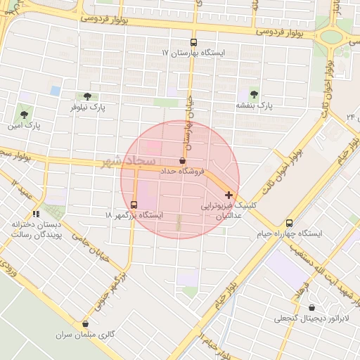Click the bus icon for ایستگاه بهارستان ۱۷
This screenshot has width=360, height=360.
[x=194, y=42]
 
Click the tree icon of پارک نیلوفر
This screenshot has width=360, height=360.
[x=87, y=96]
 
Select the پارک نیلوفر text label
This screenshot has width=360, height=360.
[x=87, y=108]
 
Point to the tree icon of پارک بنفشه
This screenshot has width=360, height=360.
[x=254, y=94]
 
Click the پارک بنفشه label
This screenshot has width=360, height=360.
[x=254, y=105]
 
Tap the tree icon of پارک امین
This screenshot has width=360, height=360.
[x=25, y=114]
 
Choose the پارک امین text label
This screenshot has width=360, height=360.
[x=25, y=126]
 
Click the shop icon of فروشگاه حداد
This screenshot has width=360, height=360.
[x=183, y=160]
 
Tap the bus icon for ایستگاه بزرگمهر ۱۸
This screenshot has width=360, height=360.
[x=134, y=204]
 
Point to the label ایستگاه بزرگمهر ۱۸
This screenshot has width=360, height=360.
[x=134, y=214]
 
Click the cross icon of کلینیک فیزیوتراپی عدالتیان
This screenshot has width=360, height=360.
[x=229, y=194]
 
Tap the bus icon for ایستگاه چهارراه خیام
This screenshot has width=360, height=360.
[x=290, y=222]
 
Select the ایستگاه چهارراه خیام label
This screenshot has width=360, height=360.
[x=290, y=233]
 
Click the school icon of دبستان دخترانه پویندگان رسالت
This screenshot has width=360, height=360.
[x=36, y=214]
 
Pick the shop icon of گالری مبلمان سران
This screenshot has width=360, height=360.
[x=86, y=324]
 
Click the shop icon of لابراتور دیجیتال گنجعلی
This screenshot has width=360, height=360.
[x=312, y=307]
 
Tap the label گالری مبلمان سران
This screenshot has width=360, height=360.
[x=85, y=335]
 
